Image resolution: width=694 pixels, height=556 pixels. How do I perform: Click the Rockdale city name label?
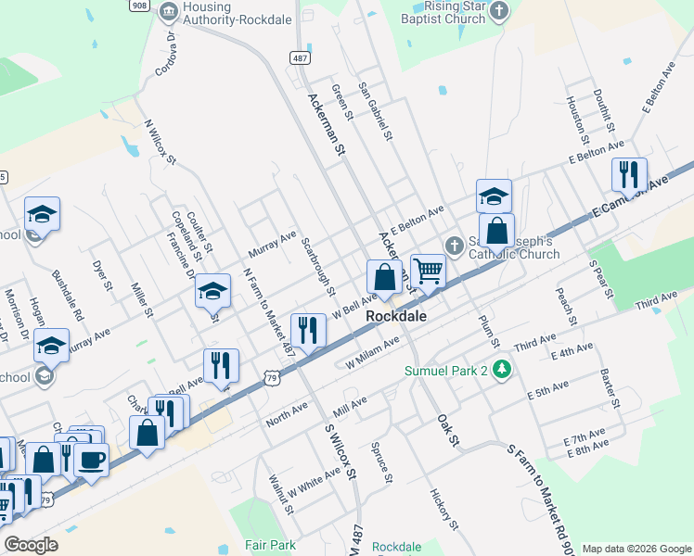(396, 316)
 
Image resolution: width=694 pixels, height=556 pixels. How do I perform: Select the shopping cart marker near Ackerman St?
(428, 272)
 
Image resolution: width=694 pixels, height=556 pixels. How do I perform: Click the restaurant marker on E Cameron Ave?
(629, 173)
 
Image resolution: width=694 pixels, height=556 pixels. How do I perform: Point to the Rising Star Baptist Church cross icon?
(500, 11)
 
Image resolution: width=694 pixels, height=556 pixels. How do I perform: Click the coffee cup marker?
(91, 460)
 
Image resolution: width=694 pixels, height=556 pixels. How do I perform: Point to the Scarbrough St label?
(318, 266)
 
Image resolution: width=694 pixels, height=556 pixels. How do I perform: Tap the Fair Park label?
(270, 546)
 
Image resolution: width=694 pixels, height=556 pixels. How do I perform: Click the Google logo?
(31, 545)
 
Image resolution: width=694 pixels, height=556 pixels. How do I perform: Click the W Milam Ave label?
(372, 352)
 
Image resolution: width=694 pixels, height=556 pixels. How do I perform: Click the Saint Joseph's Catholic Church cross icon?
(454, 246)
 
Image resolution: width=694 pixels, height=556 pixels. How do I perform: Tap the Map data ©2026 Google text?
(636, 548)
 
